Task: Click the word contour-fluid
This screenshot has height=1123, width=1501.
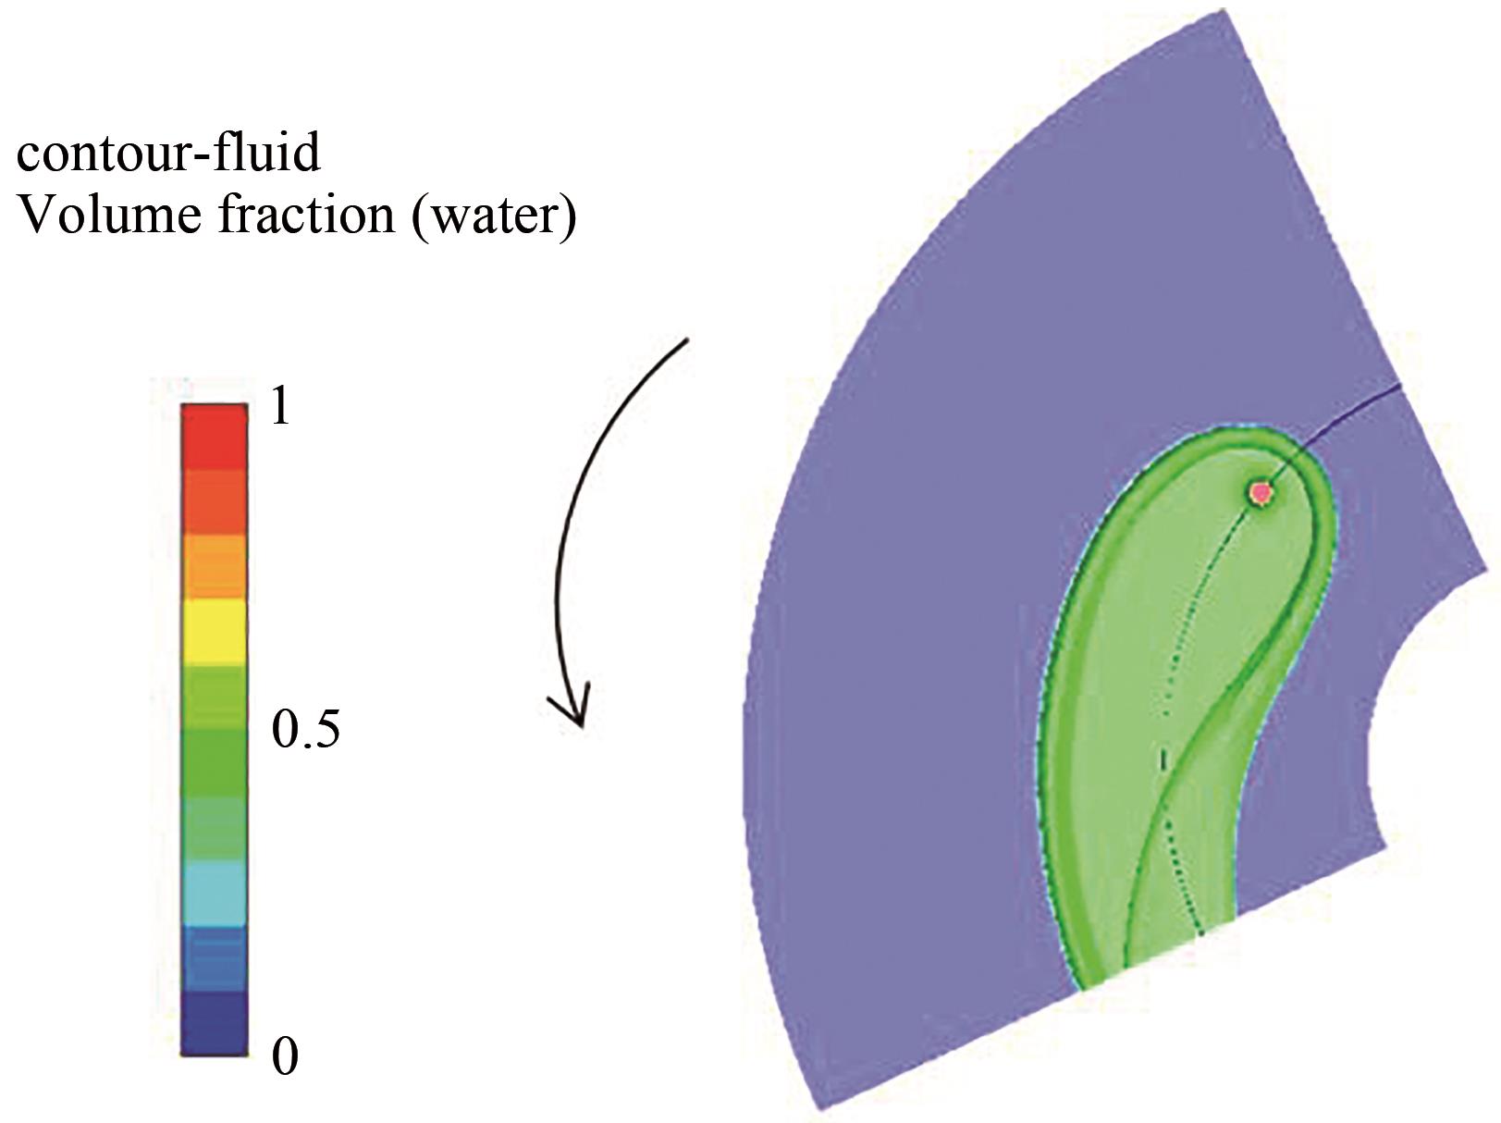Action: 168,153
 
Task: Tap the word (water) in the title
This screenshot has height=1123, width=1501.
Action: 494,217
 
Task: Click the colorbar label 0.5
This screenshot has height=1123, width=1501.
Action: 306,731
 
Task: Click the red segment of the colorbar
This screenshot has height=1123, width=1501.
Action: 214,437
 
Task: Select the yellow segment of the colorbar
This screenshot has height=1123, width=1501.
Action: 214,632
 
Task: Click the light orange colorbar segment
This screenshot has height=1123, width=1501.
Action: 214,567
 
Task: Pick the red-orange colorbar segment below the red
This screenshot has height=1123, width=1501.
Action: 214,502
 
